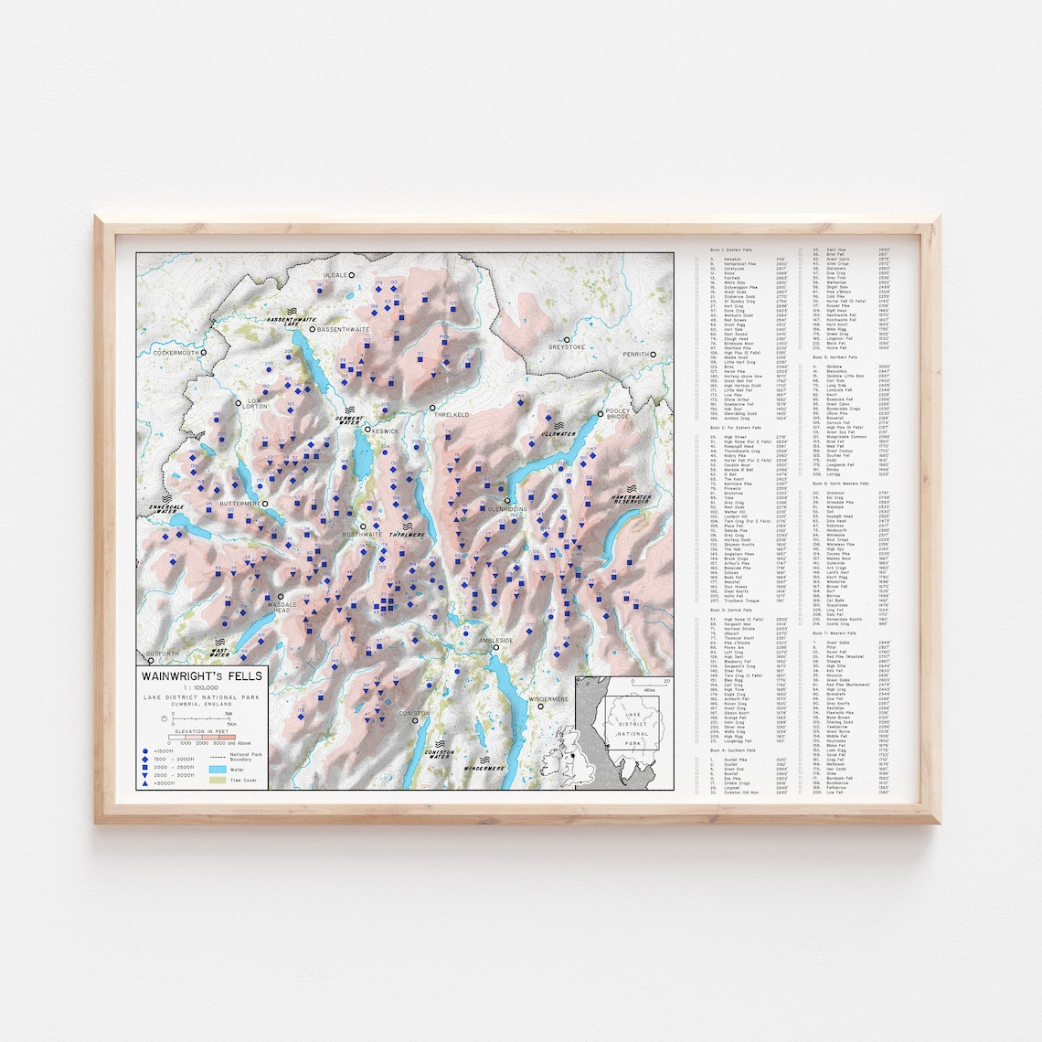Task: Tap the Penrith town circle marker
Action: click(654, 354)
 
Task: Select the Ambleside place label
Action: click(499, 640)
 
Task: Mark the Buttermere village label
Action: click(239, 504)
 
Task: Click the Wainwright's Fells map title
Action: click(201, 676)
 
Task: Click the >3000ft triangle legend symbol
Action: click(145, 783)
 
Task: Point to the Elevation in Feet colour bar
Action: click(201, 737)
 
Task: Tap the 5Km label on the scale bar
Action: click(231, 723)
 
